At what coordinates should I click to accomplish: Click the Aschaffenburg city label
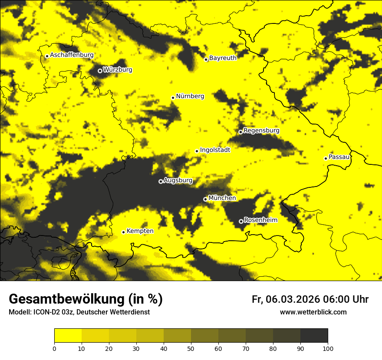click(72, 55)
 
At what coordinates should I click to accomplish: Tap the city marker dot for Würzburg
click(100, 71)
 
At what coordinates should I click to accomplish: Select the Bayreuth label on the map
click(223, 58)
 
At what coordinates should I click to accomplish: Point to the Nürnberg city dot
click(173, 98)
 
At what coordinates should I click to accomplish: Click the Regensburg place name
click(261, 130)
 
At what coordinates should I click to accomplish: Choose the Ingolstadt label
click(215, 150)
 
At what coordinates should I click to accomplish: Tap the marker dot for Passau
click(326, 158)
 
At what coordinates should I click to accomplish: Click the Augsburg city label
click(178, 180)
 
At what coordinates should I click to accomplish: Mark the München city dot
click(205, 199)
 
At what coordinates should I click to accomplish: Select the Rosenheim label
click(260, 220)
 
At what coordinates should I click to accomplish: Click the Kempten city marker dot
click(123, 232)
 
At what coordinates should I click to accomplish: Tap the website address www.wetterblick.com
click(313, 312)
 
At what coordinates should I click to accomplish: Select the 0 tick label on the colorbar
click(54, 348)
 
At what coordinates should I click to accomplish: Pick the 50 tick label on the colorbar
click(191, 348)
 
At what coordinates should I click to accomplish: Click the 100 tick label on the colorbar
click(328, 348)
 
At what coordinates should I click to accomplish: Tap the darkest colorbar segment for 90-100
click(314, 336)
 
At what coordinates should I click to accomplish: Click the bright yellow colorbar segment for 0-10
click(68, 336)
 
